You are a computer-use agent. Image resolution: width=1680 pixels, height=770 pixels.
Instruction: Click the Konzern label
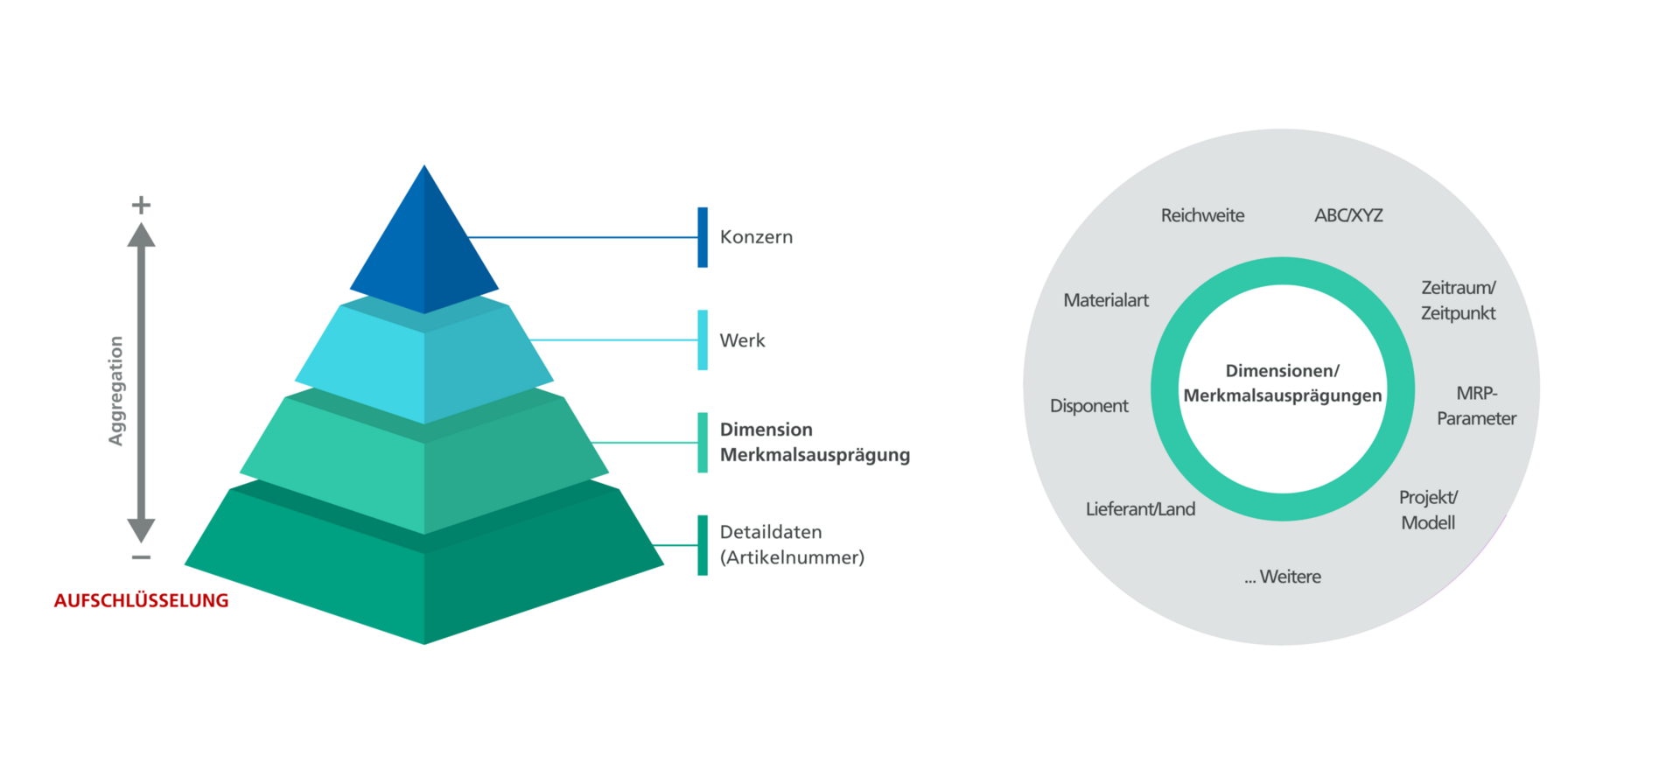coord(756,237)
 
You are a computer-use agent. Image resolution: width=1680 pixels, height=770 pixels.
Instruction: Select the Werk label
coord(742,340)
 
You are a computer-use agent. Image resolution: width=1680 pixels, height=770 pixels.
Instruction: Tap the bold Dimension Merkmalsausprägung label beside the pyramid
coord(814,442)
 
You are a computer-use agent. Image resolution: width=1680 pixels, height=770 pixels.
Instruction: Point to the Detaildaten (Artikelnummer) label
coord(791,544)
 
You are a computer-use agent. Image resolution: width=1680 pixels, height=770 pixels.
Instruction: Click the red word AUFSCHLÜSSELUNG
coord(141,601)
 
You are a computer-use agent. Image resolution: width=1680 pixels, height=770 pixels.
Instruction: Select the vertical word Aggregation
coord(115,390)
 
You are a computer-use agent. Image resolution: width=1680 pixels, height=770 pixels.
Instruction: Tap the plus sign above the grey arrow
coord(141,205)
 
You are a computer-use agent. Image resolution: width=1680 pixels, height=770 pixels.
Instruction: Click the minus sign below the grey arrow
coord(141,557)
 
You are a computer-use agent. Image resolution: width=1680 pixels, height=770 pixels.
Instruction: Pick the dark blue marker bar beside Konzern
coord(703,237)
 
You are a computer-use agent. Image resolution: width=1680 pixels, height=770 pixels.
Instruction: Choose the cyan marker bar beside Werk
coord(703,340)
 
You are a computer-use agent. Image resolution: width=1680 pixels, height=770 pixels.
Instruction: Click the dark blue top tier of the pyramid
coord(424,249)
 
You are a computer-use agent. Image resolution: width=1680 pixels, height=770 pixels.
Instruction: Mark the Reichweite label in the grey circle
coord(1202,215)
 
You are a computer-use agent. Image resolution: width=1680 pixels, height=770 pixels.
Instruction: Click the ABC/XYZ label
coord(1348,215)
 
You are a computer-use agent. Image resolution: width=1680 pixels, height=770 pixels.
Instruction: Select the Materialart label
coord(1106,300)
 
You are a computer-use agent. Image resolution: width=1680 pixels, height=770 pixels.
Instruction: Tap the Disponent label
coord(1088,406)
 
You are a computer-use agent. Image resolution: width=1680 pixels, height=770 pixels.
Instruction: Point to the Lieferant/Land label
coord(1140,509)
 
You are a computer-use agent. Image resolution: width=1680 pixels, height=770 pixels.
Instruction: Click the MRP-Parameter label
coord(1476,406)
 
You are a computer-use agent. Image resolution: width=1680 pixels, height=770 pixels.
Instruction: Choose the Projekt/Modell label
coord(1428,510)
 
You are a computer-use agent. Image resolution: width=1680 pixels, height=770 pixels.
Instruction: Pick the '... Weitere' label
coord(1283,577)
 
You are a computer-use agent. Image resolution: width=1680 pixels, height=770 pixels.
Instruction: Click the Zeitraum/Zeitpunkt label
coord(1458,300)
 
